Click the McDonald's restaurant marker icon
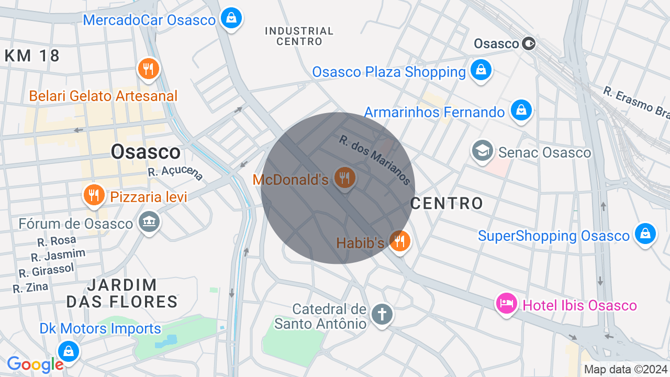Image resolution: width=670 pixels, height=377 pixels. pos(344,178)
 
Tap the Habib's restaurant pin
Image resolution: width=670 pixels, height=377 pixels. pos(400,241)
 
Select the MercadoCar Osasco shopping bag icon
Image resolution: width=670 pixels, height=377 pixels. pos(231,19)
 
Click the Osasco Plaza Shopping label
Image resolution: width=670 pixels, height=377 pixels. pos(389,72)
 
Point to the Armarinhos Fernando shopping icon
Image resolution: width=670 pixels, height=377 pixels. pos(521,110)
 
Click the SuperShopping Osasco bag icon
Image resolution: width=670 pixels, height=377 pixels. pos(645,234)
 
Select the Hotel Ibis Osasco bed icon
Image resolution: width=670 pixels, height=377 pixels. pos(507,303)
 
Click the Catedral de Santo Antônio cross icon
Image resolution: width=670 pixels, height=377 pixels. pos(382,315)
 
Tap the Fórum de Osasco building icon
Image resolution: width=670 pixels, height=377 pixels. pos(149,222)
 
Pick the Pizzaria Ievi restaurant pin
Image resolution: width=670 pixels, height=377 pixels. pos(94,195)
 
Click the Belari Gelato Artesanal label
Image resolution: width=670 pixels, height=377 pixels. pos(103,96)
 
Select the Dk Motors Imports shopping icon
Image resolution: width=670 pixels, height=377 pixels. pos(68,351)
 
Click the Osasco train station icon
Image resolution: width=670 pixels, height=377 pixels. pos(529,43)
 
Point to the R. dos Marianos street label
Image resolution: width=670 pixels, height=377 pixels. pos(375,160)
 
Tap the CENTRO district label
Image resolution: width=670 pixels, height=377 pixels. pos(446,203)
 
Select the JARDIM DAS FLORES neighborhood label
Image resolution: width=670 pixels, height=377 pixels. pos(122,293)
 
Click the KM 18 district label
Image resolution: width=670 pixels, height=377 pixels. pos(32,56)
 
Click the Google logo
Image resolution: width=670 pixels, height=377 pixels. pos(35,364)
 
